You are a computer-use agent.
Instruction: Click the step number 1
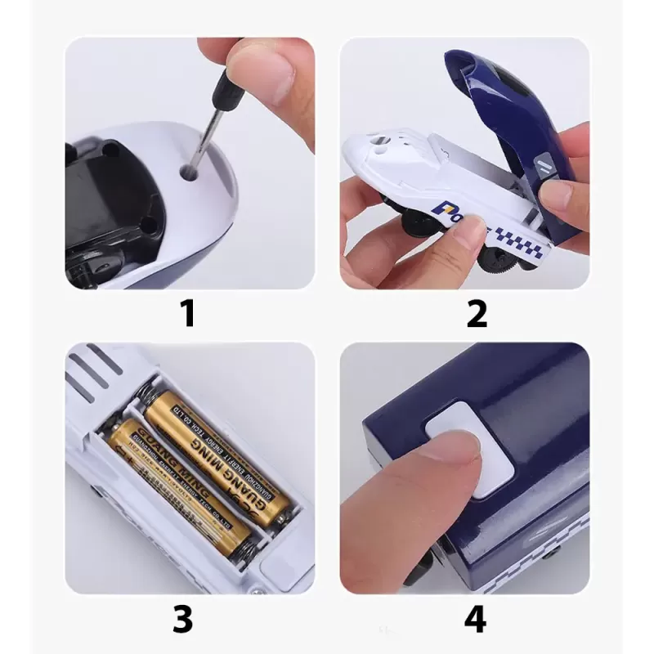coord(189,313)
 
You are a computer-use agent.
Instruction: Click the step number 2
coord(477,313)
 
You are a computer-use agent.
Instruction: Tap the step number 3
coord(183,619)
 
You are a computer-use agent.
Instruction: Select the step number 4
coord(475,619)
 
